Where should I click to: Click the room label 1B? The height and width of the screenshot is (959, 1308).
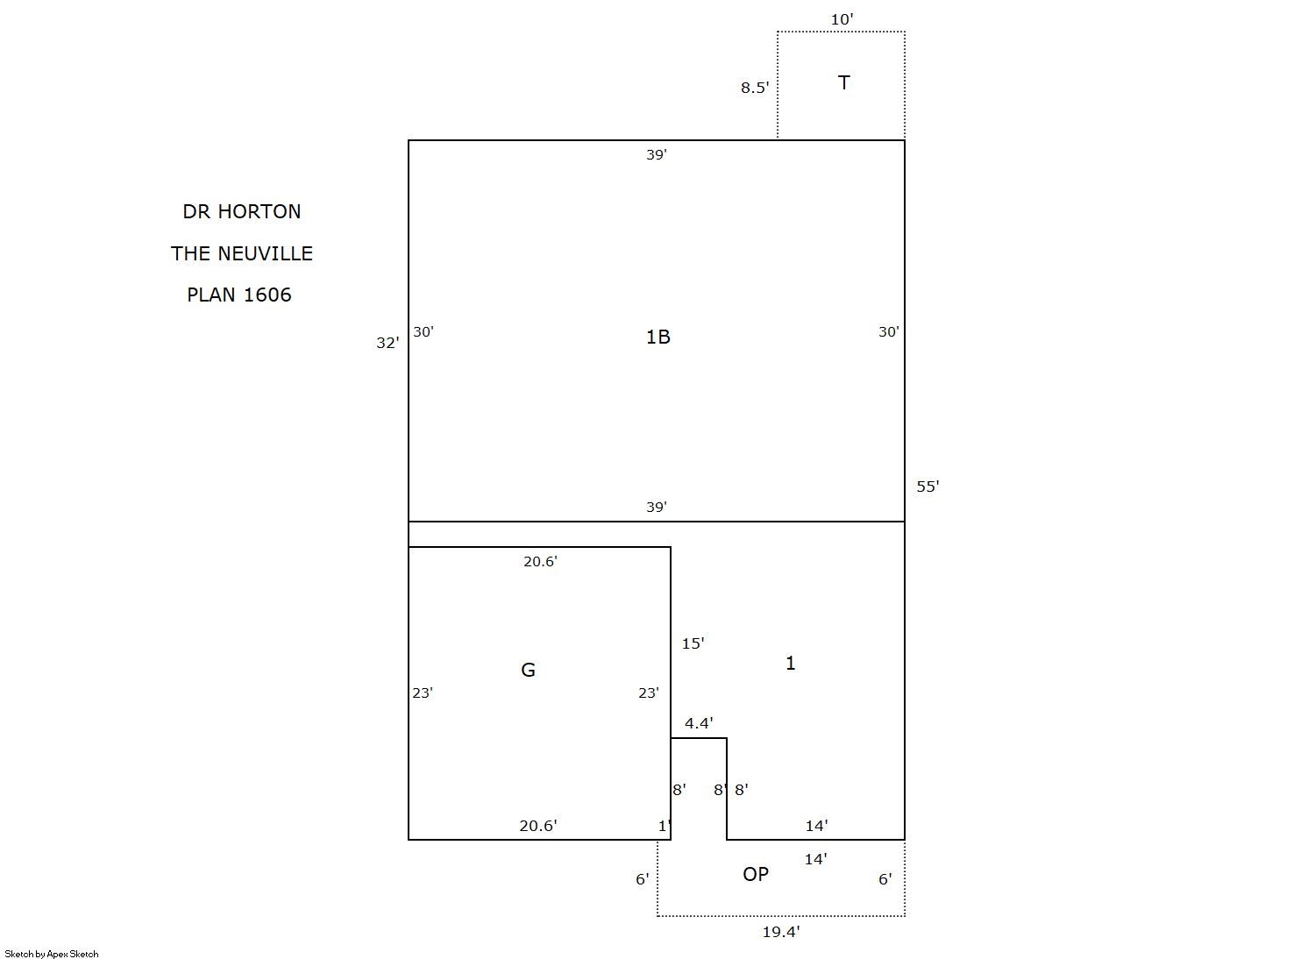(x=658, y=337)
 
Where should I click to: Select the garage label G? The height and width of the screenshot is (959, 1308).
(x=528, y=670)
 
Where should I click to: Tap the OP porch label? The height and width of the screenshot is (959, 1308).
(x=755, y=874)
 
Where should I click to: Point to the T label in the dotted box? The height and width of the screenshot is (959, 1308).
(x=843, y=83)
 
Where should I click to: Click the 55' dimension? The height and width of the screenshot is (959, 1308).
(x=928, y=487)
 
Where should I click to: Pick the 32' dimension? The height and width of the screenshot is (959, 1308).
(x=387, y=343)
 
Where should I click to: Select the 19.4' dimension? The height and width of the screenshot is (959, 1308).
(x=781, y=932)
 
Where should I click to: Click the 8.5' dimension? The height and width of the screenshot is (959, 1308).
(x=755, y=88)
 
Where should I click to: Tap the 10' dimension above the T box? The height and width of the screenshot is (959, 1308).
(x=842, y=19)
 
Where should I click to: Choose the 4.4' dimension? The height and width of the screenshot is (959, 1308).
(x=699, y=723)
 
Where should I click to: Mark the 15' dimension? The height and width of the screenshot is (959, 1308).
(x=693, y=643)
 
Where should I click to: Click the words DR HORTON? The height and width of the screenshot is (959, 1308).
(x=242, y=211)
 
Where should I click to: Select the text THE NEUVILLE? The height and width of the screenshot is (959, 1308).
(x=242, y=253)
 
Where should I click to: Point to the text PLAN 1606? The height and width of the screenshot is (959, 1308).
(x=238, y=295)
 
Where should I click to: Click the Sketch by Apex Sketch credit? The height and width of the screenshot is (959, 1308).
(x=52, y=954)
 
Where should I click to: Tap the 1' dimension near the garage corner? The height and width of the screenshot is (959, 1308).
(x=665, y=826)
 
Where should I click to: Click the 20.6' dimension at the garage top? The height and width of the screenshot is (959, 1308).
(x=540, y=562)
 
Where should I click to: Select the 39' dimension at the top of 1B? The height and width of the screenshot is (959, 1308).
(x=657, y=155)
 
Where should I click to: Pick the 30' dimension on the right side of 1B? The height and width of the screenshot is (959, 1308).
(x=889, y=331)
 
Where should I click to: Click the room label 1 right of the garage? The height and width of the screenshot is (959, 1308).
(x=790, y=663)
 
